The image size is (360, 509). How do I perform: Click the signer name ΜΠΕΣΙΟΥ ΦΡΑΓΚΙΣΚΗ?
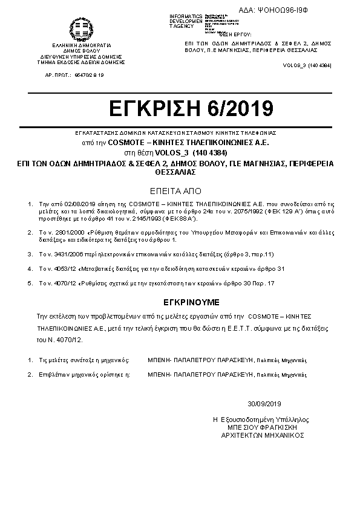(x=261, y=426)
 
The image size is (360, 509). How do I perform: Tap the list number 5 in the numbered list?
(x=30, y=282)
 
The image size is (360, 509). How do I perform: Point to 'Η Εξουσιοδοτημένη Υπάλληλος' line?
(x=261, y=418)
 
